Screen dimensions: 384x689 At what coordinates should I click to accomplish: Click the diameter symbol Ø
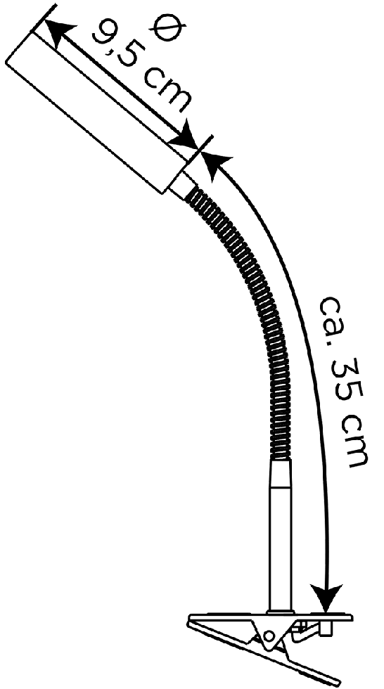(167, 28)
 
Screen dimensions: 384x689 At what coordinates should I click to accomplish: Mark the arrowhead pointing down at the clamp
(326, 598)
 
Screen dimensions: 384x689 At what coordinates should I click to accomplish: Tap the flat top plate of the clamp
(271, 617)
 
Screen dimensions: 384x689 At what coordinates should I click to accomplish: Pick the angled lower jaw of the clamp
(264, 655)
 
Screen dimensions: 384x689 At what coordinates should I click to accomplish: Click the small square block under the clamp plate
(326, 629)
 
